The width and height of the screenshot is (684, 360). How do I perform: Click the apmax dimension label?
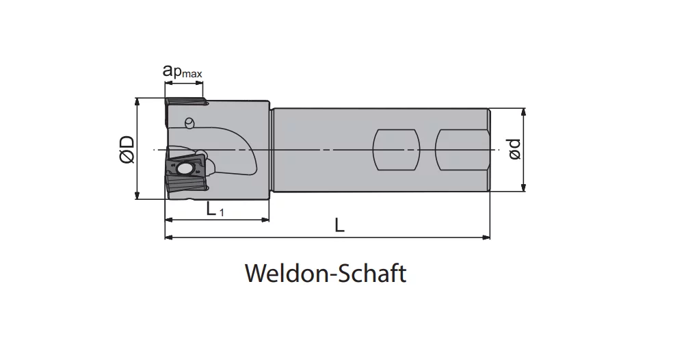(183, 71)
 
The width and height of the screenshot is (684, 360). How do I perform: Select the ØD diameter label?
(127, 149)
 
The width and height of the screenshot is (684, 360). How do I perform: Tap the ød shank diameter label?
(515, 149)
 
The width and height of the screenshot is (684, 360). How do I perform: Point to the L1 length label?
(215, 209)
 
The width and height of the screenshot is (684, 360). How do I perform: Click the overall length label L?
(339, 226)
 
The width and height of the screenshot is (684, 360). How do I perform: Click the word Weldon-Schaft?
(326, 274)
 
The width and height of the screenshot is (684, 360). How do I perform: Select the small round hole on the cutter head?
(189, 123)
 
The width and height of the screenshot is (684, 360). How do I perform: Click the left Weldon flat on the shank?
(397, 150)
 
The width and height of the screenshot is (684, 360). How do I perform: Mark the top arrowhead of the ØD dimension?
(137, 103)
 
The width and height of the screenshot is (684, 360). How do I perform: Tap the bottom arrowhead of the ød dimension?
(523, 187)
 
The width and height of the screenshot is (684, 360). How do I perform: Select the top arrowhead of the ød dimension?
(523, 113)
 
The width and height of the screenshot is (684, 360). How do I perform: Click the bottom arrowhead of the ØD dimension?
(137, 194)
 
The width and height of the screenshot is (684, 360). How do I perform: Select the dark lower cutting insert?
(186, 174)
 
